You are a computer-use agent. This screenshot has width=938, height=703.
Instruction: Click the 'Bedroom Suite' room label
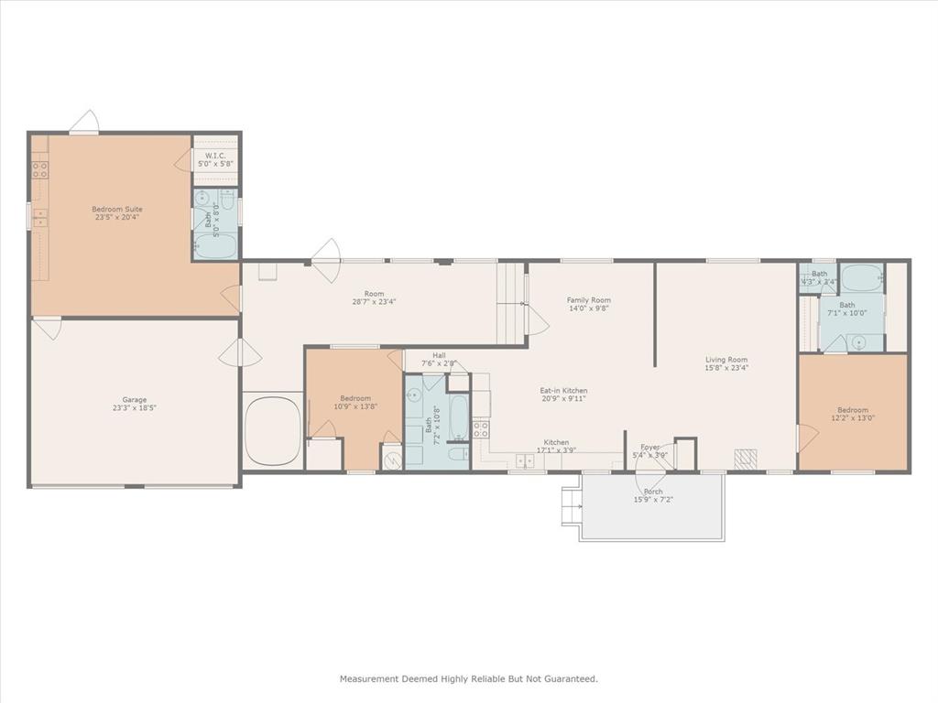tap(116, 209)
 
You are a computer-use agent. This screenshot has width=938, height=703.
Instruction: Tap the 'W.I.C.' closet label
tap(215, 156)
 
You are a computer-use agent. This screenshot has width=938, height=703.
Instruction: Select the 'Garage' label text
tap(135, 400)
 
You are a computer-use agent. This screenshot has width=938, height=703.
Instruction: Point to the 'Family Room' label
tap(588, 300)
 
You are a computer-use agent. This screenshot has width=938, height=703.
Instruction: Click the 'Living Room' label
tap(726, 360)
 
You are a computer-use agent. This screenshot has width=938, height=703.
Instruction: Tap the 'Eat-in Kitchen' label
tap(563, 390)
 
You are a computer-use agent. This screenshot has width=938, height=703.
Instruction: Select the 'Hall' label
tap(440, 355)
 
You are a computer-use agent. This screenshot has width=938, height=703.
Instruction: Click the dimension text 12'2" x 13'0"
tap(852, 419)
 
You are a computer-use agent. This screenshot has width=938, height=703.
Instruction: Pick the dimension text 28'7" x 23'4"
tap(374, 301)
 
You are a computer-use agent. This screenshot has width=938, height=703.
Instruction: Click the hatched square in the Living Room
tap(747, 457)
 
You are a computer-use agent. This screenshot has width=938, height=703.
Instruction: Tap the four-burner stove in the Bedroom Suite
tap(39, 169)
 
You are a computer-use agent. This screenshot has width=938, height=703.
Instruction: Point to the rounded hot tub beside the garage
tap(273, 429)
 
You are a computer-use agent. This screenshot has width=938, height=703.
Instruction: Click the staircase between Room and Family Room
tap(511, 302)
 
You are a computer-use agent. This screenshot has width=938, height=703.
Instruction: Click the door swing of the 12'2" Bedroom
tap(804, 438)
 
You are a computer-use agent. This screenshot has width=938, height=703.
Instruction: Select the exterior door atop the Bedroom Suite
tap(84, 123)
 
